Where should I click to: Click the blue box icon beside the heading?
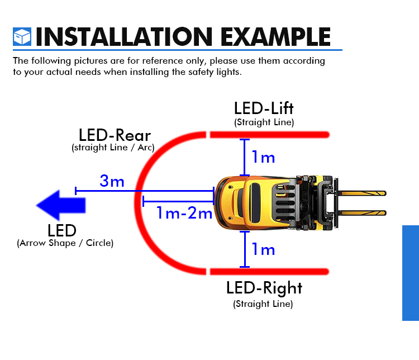click(x=22, y=37)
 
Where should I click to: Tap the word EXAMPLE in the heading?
click(x=275, y=37)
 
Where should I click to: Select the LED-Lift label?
click(x=264, y=108)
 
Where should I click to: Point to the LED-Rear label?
click(x=115, y=135)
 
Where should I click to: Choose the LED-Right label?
click(x=264, y=288)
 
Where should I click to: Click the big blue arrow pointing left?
click(x=61, y=205)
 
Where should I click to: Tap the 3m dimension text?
click(x=112, y=181)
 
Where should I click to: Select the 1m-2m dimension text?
click(x=184, y=213)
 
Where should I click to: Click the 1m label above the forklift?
click(x=263, y=157)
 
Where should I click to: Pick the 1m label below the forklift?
click(x=263, y=249)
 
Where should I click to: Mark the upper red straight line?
click(x=270, y=135)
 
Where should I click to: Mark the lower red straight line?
click(x=269, y=272)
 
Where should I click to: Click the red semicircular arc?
click(x=137, y=203)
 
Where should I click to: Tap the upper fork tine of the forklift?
click(x=362, y=193)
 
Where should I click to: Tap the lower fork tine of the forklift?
click(x=362, y=213)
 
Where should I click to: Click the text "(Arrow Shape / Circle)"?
click(x=65, y=243)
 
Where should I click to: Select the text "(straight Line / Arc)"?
click(x=113, y=148)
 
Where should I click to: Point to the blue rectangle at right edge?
click(x=411, y=273)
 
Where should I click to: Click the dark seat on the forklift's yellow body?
click(x=255, y=202)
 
